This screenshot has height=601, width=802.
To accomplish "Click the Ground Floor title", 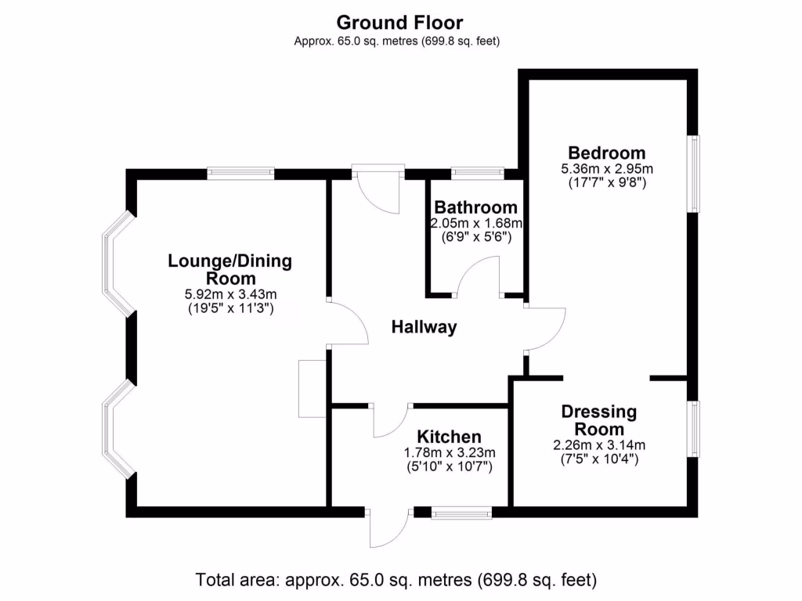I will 400,22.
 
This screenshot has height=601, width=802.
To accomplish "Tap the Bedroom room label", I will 607,153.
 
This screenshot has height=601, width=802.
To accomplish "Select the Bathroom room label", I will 475,207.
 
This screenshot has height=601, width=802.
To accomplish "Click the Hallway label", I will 424,327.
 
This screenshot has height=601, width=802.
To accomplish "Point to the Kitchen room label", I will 449,437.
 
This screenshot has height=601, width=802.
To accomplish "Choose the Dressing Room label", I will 599,420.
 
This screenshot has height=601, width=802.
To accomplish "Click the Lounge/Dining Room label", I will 230,269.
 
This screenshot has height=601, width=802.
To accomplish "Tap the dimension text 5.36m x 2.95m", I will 607,168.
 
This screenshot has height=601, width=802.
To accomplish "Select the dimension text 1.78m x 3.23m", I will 450,452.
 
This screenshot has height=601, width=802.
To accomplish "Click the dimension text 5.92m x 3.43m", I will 230,294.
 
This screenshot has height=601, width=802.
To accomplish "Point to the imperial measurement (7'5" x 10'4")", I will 599,459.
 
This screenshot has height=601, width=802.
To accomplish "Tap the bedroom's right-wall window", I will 693,173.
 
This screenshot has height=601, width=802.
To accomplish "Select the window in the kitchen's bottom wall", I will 461,513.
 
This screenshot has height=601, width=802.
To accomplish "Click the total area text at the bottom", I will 396,580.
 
